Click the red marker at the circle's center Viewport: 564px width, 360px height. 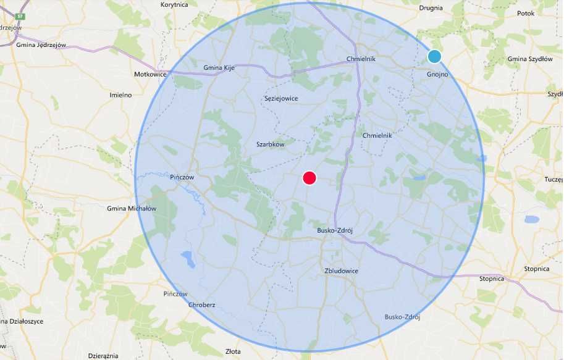[309, 178]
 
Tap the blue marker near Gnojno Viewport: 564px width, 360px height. [434, 57]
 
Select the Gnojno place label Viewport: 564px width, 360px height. [437, 75]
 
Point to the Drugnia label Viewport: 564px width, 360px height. [431, 8]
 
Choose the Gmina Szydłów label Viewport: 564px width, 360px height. [529, 59]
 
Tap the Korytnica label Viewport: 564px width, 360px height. [174, 4]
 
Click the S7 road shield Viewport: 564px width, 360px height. [22, 15]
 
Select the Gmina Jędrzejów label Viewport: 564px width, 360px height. [42, 44]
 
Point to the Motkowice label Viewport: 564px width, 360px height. [150, 74]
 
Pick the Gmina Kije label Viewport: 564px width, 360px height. [221, 67]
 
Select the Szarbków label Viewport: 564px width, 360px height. [270, 144]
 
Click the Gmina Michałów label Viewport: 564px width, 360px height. [132, 209]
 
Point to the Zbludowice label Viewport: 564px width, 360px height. [341, 271]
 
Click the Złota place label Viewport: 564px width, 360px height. [233, 351]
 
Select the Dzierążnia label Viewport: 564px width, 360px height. [103, 356]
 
